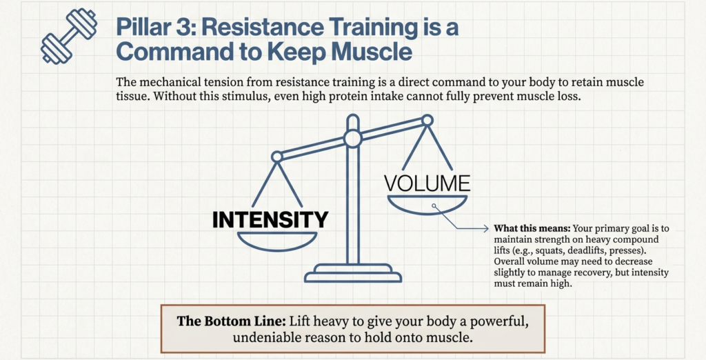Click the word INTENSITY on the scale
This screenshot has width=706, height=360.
coord(270,219)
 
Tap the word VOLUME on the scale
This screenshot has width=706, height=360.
coord(427,183)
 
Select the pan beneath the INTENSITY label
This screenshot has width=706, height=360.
coord(276,241)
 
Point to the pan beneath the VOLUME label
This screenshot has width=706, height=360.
coord(427,206)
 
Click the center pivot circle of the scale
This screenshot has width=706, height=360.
coord(353,139)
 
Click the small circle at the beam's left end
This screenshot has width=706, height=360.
coord(276,157)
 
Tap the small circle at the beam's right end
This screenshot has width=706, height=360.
coord(427,120)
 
